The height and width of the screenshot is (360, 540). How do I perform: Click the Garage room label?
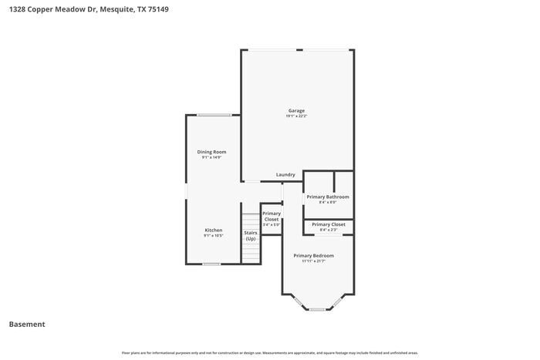coord(297,110)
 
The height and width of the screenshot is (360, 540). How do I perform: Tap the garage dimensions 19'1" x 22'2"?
coord(297,116)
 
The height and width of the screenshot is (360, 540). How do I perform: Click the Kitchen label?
coord(214,230)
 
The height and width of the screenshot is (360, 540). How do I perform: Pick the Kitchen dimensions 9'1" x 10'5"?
coord(214,237)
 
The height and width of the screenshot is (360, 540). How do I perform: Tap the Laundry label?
coord(285,175)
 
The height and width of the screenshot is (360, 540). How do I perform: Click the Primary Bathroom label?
coord(328,197)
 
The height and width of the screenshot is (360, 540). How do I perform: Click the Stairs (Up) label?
coord(251,235)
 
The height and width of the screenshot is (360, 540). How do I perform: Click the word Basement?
coord(27,325)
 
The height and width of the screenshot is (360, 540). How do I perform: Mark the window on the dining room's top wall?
coord(214,115)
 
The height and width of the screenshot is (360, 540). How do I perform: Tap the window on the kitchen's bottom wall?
coord(211,264)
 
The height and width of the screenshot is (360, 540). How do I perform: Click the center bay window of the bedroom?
coord(318,310)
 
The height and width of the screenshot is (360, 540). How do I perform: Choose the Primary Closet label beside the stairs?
coord(272,217)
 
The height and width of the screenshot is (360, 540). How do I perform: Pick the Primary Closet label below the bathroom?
coord(329,224)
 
